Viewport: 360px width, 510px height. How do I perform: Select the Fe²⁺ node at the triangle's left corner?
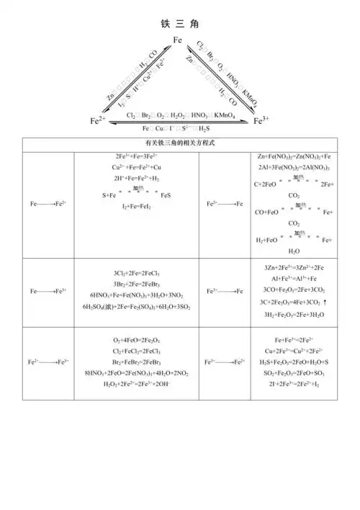pyautogui.click(x=98, y=121)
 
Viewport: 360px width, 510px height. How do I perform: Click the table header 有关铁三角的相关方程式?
pyautogui.click(x=179, y=143)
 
